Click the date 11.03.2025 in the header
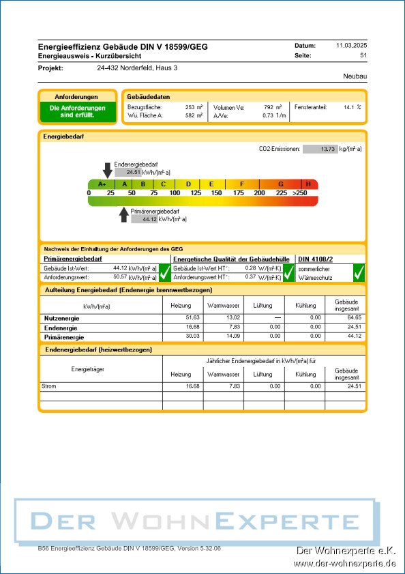351,45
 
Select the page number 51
363,55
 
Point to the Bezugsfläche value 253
190,107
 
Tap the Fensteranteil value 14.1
348,107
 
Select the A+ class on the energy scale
102,184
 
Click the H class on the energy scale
308,184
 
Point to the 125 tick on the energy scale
196,193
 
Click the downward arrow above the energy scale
107,170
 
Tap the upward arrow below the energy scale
123,214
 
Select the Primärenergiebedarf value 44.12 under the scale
149,219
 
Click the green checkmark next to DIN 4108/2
359,272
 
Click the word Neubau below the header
355,77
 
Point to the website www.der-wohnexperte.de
344,563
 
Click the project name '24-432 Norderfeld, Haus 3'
137,68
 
